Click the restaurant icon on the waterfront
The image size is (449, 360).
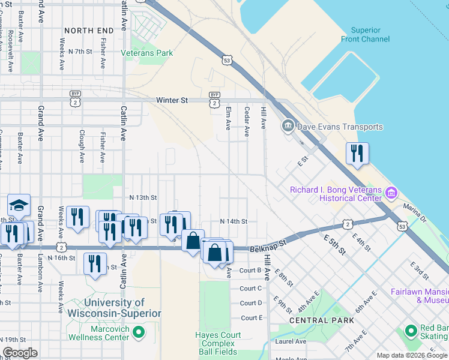tap(357, 154)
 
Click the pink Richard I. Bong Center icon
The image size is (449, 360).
tap(391, 193)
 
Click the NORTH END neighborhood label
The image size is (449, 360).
tap(89, 31)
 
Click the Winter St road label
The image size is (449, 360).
tap(172, 100)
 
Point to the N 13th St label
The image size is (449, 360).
tap(143, 197)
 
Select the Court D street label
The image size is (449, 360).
tap(252, 303)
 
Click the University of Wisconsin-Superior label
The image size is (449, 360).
tap(115, 308)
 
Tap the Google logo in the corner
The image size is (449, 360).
tap(20, 353)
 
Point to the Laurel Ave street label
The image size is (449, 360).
tap(291, 341)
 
